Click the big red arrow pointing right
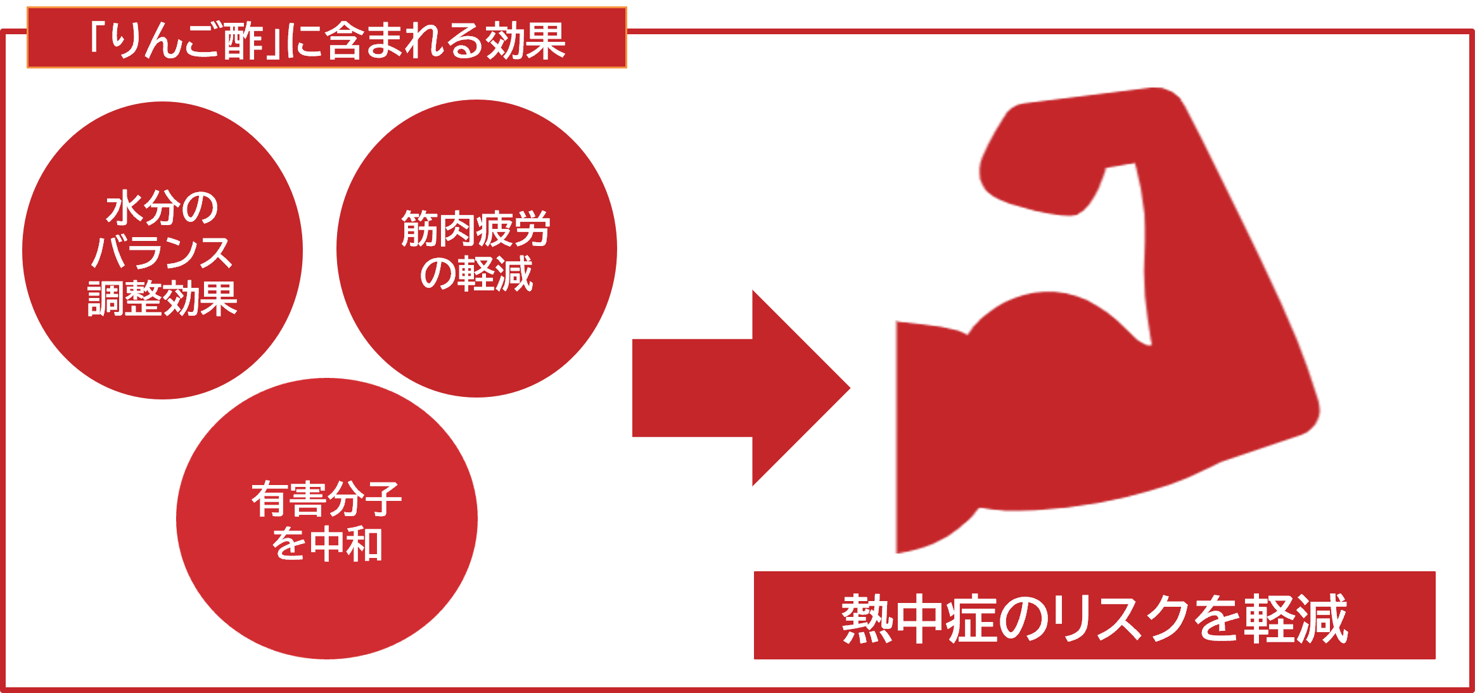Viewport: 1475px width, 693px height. [741, 388]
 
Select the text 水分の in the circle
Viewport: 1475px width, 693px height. [162, 207]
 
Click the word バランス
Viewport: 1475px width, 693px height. [162, 252]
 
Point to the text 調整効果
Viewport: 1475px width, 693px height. [162, 298]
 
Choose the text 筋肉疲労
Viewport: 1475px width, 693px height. [476, 229]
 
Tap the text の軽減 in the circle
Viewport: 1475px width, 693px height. [476, 274]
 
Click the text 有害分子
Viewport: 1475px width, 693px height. [326, 499]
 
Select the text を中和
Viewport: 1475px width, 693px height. [326, 544]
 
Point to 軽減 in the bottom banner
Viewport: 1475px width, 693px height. [1296, 619]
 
